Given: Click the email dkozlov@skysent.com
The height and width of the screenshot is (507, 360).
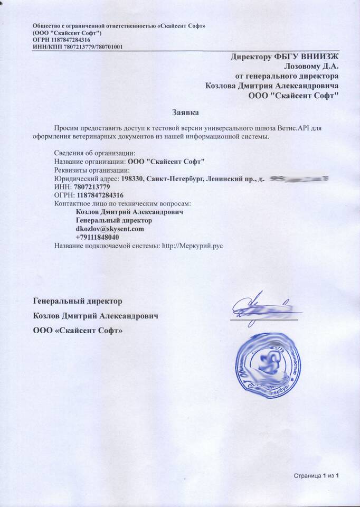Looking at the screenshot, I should click(x=110, y=229).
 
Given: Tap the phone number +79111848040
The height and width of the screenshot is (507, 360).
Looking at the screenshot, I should click(x=97, y=238).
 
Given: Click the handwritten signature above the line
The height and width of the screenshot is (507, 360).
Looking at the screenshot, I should click(x=261, y=307).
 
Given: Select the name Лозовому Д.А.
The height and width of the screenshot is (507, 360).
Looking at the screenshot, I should click(x=311, y=66).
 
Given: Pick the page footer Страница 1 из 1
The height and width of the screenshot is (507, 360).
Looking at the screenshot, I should click(x=316, y=476).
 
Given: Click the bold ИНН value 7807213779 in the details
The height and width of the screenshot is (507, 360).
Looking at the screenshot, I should click(x=92, y=187).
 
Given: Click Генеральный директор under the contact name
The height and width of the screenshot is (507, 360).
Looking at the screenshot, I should click(x=114, y=220).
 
